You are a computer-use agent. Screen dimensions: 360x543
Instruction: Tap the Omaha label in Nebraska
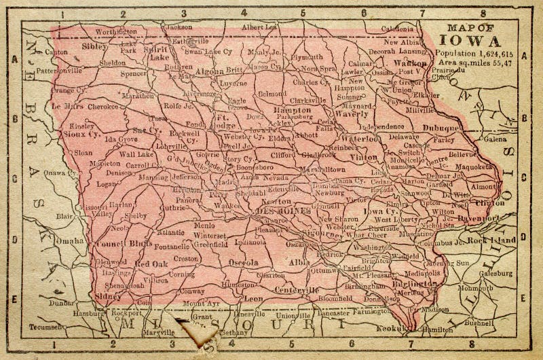71,240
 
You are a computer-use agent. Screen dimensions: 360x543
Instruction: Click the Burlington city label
415,283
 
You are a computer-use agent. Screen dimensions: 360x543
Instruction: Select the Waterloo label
359,139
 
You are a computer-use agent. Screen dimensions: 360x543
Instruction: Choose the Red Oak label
151,264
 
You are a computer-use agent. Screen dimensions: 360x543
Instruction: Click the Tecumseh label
45,327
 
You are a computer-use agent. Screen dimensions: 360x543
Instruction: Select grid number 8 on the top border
483,12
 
